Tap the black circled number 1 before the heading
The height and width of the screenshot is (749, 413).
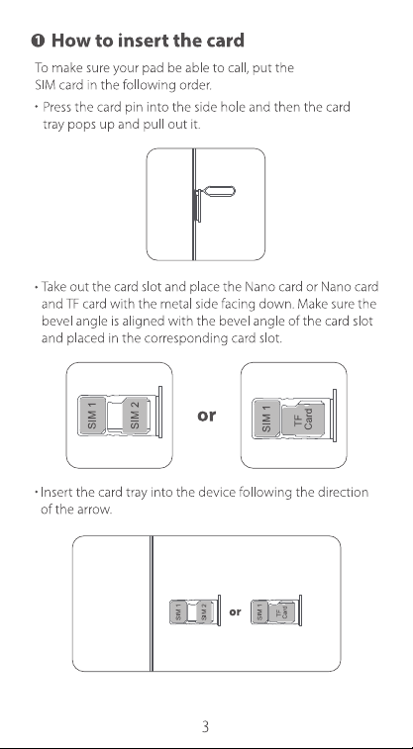click(x=39, y=42)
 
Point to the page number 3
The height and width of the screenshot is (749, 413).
click(x=206, y=726)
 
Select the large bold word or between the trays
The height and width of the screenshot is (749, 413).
click(x=206, y=416)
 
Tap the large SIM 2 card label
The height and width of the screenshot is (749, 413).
click(x=136, y=415)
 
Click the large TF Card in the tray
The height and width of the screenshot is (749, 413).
click(x=303, y=419)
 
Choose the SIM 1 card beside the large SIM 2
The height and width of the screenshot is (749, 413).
click(x=92, y=416)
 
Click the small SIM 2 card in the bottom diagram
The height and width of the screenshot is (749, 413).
click(x=204, y=611)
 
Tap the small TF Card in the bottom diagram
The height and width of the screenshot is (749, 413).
click(x=282, y=612)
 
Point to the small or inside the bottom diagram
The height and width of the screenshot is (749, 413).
click(x=235, y=611)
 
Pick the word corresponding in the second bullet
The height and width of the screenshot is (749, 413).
click(x=186, y=338)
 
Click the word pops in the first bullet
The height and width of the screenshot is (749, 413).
click(x=81, y=125)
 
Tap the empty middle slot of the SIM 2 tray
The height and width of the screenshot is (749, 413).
click(x=115, y=416)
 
